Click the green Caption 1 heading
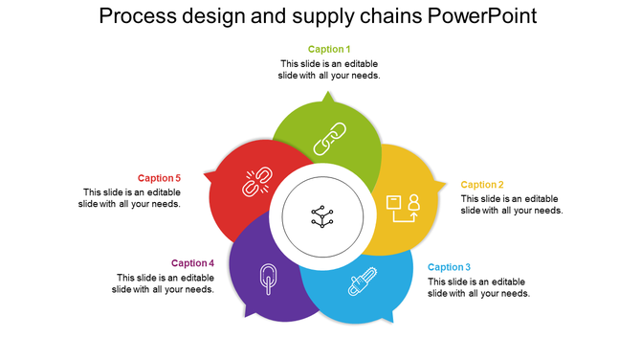(x=329, y=49)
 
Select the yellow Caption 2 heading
(x=482, y=185)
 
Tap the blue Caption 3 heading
(x=449, y=267)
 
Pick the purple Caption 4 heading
(x=192, y=263)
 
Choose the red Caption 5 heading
(x=159, y=178)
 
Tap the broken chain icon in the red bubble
(x=255, y=182)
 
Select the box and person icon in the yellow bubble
(x=402, y=207)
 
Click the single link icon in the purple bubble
(x=268, y=280)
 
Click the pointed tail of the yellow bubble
(x=442, y=183)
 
